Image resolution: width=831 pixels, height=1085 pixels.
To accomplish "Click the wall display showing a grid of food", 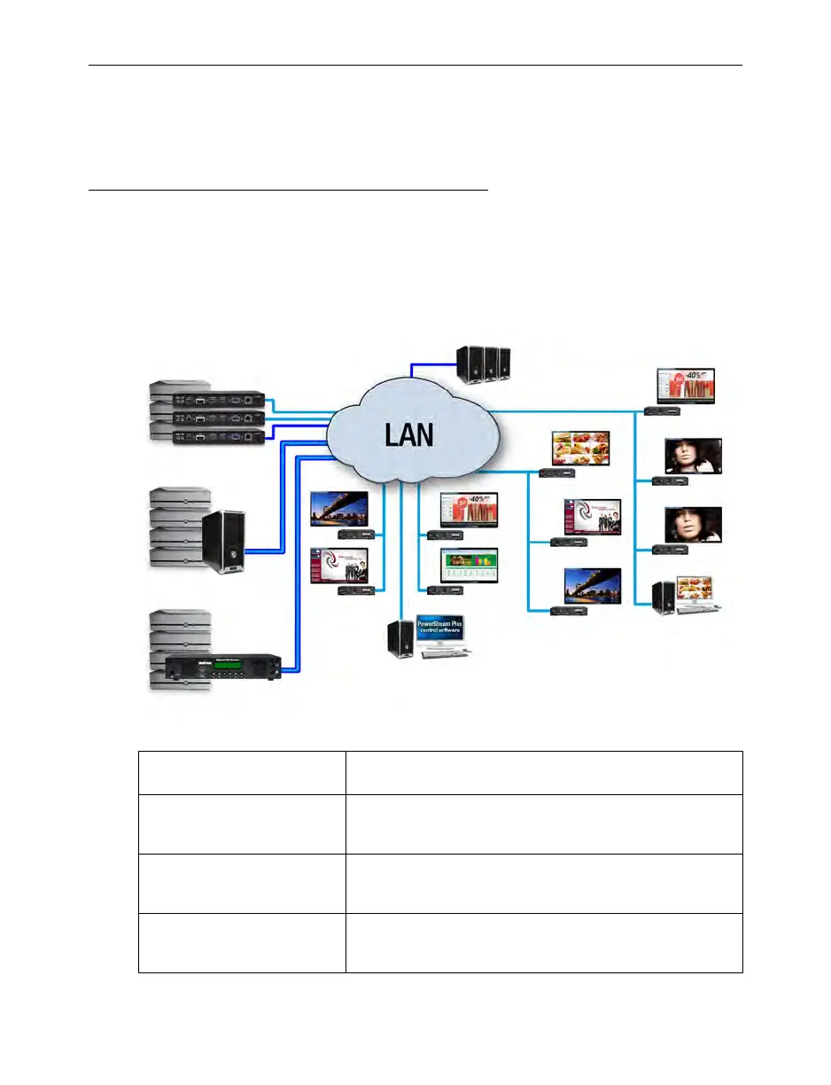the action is tap(581, 449).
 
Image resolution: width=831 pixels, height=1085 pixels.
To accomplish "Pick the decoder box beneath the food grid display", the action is tap(562, 474).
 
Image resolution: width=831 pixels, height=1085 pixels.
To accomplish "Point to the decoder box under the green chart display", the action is tap(440, 589).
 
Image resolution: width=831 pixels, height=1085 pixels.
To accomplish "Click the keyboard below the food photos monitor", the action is tap(700, 613).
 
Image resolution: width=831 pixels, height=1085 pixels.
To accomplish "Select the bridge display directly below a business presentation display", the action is tap(593, 586).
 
